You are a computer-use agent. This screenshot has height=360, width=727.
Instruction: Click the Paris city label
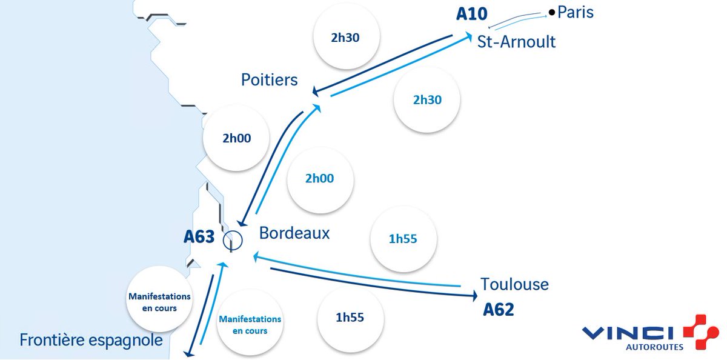pyautogui.click(x=576, y=12)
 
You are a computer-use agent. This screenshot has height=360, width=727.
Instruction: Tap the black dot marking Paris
pyautogui.click(x=551, y=12)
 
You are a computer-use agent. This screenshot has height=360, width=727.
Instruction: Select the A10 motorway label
pyautogui.click(x=472, y=13)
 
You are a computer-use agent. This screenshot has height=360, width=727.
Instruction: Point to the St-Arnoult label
pyautogui.click(x=517, y=42)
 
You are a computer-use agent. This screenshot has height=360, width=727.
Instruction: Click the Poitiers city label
pyautogui.click(x=270, y=79)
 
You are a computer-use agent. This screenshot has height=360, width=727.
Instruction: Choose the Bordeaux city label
pyautogui.click(x=294, y=233)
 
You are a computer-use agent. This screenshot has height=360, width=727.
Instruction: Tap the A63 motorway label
pyautogui.click(x=199, y=237)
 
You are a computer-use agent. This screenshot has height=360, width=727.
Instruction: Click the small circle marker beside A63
pyautogui.click(x=233, y=240)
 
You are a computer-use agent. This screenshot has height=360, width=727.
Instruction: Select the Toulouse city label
pyautogui.click(x=514, y=284)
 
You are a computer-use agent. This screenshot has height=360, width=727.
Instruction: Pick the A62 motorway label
pyautogui.click(x=499, y=310)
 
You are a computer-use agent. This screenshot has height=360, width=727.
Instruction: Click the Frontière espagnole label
pyautogui.click(x=91, y=340)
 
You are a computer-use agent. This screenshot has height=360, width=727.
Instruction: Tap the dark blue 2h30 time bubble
pyautogui.click(x=347, y=36)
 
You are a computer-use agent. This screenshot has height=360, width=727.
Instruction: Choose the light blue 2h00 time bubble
pyautogui.click(x=320, y=179)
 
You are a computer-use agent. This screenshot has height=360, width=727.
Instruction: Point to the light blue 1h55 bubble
pyautogui.click(x=403, y=239)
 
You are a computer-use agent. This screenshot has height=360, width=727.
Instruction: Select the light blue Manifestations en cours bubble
pyautogui.click(x=250, y=324)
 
